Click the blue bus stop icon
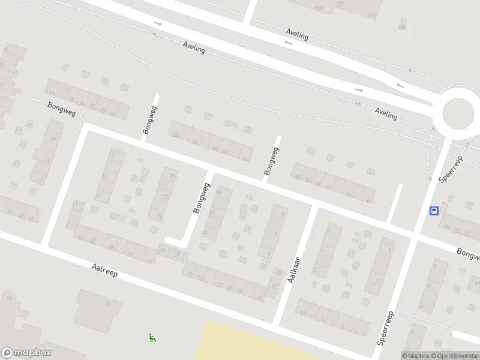point(434,211)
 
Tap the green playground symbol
point(152,338)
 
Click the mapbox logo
point(26,353)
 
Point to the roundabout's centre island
point(459,112)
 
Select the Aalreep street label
point(105,271)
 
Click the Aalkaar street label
point(293,271)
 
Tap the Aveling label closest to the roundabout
point(386,113)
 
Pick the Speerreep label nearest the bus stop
point(451,169)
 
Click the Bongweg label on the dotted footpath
point(62,109)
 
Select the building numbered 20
point(109,304)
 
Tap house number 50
point(298,176)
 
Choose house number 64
point(368,200)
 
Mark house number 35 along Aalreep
point(131,254)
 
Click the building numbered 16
point(413,331)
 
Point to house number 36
point(195,142)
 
